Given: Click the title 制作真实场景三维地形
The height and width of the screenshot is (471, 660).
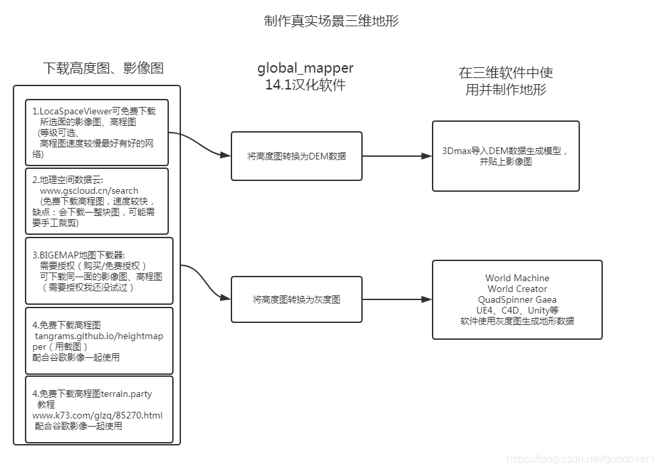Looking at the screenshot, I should point(332,22).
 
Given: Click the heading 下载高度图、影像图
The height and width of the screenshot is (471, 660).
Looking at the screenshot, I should point(103,68).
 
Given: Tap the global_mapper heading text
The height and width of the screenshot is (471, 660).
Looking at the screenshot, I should point(305,68).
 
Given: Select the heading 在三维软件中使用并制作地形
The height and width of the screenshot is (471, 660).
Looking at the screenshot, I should point(505,81).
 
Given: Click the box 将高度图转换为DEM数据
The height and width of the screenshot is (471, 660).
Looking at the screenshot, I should point(296,156).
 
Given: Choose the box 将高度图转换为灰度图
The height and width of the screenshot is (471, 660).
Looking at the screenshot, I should point(296,299).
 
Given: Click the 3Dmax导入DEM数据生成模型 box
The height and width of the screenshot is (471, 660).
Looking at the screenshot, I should point(505,156).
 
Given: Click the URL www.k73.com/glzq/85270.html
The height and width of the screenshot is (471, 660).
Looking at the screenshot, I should point(98,415).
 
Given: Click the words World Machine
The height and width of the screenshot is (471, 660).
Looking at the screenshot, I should point(517,278).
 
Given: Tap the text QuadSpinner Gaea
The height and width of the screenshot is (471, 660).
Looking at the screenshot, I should point(517,299).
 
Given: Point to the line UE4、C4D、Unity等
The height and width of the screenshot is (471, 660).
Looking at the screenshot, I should point(517,310).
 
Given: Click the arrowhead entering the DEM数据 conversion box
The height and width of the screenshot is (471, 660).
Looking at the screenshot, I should point(225,156).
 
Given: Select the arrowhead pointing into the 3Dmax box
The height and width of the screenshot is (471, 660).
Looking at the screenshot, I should point(426,156).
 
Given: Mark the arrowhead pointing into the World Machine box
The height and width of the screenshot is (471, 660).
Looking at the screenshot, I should point(426,299).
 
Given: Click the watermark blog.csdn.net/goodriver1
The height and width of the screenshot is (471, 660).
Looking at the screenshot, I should point(580,459).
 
